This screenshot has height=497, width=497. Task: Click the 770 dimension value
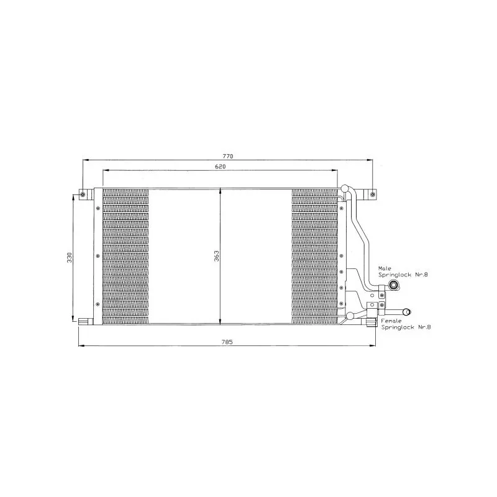227,157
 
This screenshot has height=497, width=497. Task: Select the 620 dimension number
221,166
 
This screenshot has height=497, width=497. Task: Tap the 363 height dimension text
216,256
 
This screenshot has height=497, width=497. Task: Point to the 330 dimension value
70,257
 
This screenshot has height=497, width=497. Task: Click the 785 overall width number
227,342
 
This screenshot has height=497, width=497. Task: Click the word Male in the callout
385,268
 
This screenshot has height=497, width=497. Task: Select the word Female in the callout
391,321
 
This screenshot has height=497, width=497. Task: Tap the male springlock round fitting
394,285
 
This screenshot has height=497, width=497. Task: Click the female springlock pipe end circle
407,312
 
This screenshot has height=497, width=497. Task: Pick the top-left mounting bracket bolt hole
83,194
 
